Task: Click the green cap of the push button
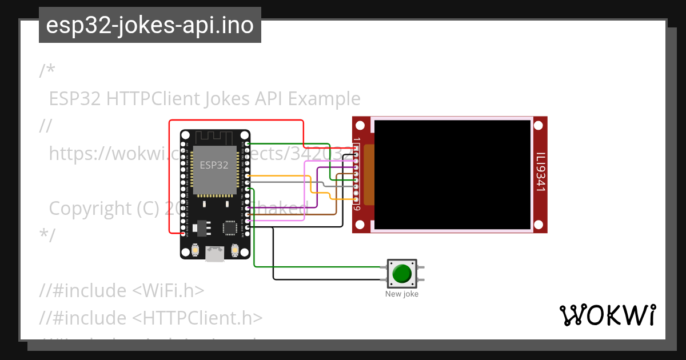(402, 273)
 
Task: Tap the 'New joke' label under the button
(402, 294)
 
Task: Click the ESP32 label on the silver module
(214, 165)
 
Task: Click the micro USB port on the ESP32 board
(215, 253)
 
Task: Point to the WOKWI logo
(607, 315)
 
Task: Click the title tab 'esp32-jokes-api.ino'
(150, 25)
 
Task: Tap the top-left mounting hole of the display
(361, 125)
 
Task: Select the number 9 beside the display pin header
(357, 208)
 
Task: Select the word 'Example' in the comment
(324, 99)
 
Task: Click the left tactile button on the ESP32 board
(195, 251)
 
